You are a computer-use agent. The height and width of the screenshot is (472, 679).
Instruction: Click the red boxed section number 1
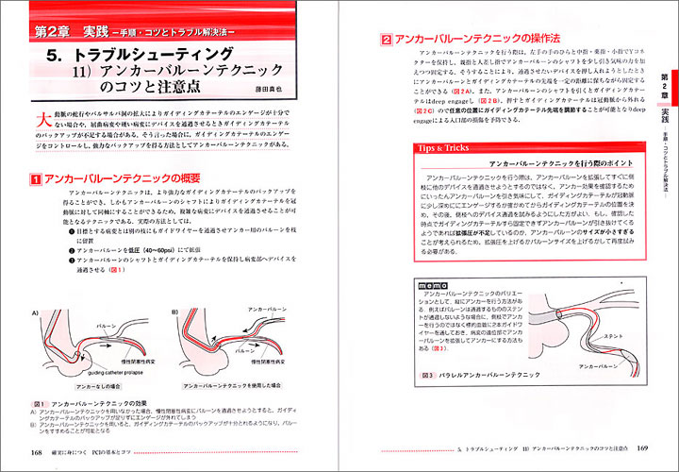click(60, 178)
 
